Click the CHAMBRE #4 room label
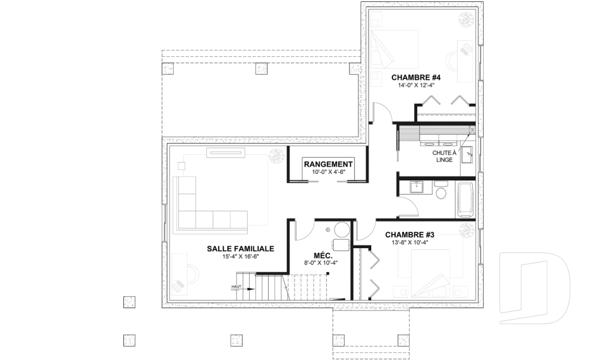tap(416, 77)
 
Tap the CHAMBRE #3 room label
tap(410, 235)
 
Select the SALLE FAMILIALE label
tap(240, 249)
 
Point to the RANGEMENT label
tap(328, 164)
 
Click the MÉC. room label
tap(322, 256)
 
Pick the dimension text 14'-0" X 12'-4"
tap(416, 85)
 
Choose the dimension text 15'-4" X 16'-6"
tap(240, 256)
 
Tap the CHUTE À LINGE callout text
tap(445, 156)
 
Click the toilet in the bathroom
tap(441, 190)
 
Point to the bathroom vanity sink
tap(416, 187)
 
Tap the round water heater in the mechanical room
tap(342, 230)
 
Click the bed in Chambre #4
tap(394, 49)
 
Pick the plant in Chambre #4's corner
tap(466, 19)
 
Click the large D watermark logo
tap(535, 288)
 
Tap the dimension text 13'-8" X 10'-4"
tap(410, 243)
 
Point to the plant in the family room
tap(277, 156)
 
